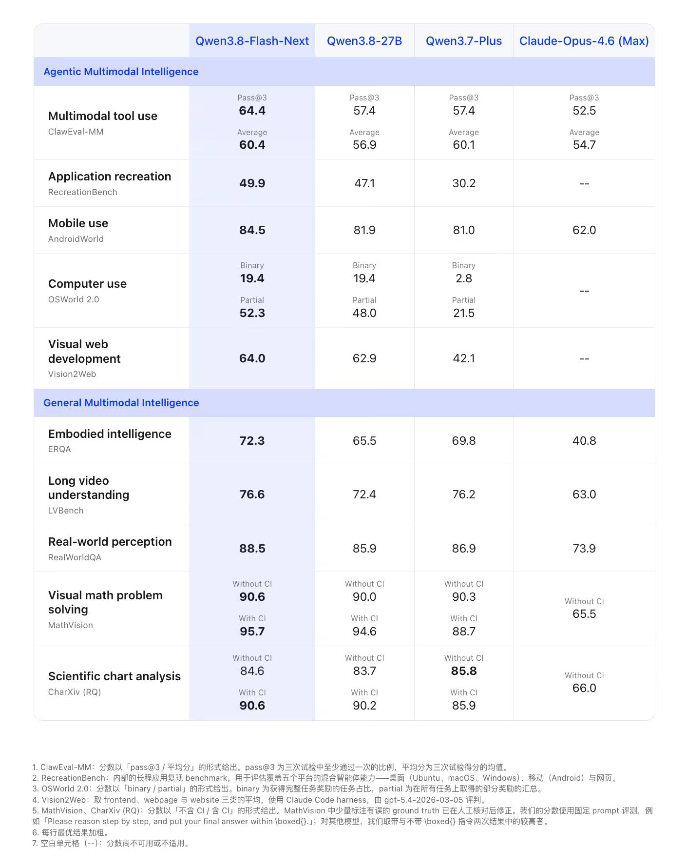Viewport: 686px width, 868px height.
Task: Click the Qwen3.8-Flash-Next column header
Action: pos(252,41)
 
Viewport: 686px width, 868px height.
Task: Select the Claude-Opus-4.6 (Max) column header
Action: pos(584,41)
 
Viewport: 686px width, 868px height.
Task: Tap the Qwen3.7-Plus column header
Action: pos(463,41)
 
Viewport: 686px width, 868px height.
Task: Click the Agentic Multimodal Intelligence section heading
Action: pos(121,72)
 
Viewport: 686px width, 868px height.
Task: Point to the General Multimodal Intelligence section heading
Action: pos(121,403)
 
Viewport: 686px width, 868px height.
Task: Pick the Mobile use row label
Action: pos(78,223)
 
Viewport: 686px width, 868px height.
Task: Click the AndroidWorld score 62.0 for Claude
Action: pos(584,230)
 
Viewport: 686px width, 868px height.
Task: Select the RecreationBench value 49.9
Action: pos(252,183)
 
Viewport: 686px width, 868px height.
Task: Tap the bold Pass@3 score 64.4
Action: pos(252,111)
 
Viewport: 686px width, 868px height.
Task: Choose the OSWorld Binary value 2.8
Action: pos(463,278)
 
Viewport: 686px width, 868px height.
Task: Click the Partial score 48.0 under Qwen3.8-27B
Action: pos(364,313)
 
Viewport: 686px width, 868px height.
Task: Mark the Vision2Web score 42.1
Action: pos(463,358)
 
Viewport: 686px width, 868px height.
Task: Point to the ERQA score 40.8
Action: pos(584,441)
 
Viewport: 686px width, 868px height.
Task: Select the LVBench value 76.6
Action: pos(252,494)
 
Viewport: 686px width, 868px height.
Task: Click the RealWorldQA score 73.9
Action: pos(584,549)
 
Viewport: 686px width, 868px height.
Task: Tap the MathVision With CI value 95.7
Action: pos(252,631)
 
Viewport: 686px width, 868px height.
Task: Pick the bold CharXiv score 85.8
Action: pos(463,671)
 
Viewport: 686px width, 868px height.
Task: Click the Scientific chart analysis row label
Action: pos(114,676)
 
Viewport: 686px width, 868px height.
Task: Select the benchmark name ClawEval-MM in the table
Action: pos(76,132)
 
